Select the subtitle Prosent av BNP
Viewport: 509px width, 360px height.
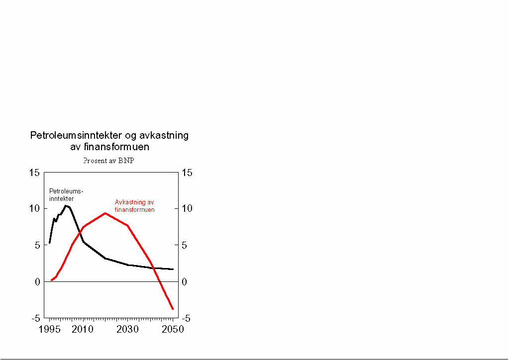tap(109, 161)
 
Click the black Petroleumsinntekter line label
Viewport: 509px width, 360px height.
tap(66, 194)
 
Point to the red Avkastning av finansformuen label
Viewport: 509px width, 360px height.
tap(134, 206)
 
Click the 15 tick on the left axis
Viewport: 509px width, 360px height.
tap(34, 173)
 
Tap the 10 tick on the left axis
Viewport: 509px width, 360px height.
tap(34, 209)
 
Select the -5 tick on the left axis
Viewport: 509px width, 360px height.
tap(35, 318)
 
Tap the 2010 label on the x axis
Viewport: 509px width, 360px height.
tap(83, 330)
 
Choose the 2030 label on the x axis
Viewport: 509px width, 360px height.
tap(127, 330)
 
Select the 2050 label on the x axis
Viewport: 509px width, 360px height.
tap(173, 330)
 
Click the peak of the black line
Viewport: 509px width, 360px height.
tap(65, 205)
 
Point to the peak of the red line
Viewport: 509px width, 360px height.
tap(105, 213)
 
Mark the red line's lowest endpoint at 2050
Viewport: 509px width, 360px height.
tap(173, 309)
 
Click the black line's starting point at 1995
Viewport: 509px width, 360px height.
tap(49, 243)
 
